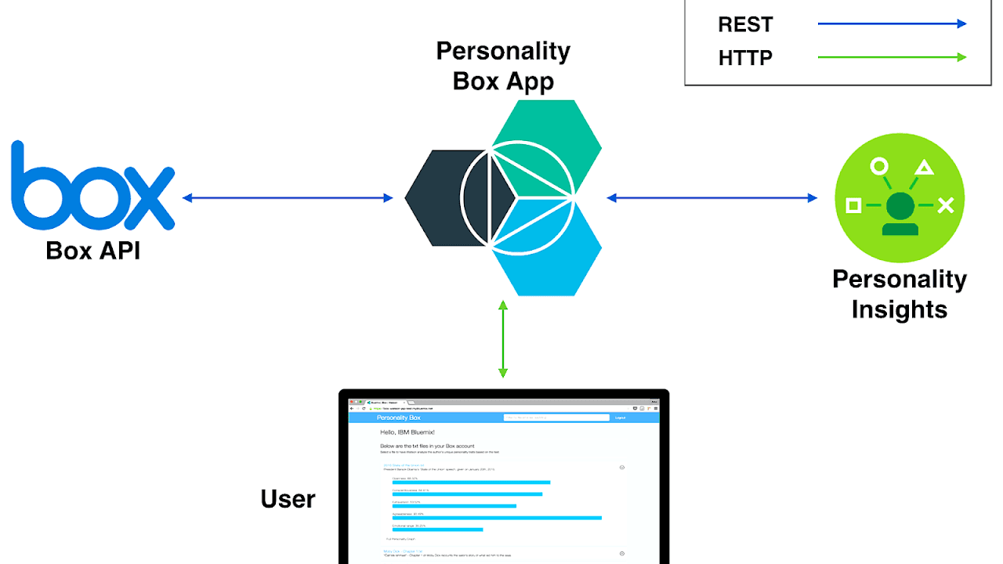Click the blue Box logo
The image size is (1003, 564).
click(x=92, y=186)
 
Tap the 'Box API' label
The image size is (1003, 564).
click(x=92, y=250)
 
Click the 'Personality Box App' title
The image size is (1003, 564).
click(x=503, y=66)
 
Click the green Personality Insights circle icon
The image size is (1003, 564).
click(x=900, y=197)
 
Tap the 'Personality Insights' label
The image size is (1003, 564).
click(x=900, y=294)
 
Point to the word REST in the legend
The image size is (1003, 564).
click(x=745, y=24)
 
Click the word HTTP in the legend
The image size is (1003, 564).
click(x=745, y=58)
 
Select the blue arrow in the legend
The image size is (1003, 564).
click(x=892, y=24)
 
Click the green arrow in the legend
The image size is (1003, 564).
click(x=892, y=57)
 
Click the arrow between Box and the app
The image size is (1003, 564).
click(x=288, y=198)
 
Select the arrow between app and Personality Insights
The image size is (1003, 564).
click(x=712, y=198)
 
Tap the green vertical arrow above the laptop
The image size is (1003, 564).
click(x=503, y=338)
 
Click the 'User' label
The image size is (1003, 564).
click(x=288, y=499)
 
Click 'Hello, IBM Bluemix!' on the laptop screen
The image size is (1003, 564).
click(x=407, y=432)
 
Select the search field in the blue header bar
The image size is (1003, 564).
click(x=556, y=418)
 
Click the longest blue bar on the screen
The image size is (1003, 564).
click(x=497, y=518)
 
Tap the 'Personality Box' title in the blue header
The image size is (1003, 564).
click(x=399, y=418)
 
